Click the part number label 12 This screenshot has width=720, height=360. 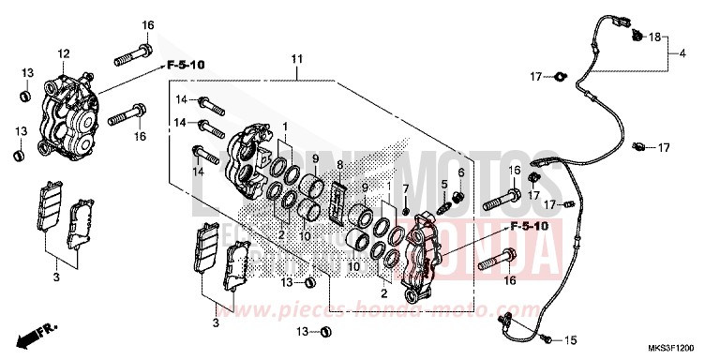65,53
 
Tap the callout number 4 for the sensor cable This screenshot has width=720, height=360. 682,52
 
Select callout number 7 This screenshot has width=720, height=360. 405,190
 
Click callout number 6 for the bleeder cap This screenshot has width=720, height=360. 461,172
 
